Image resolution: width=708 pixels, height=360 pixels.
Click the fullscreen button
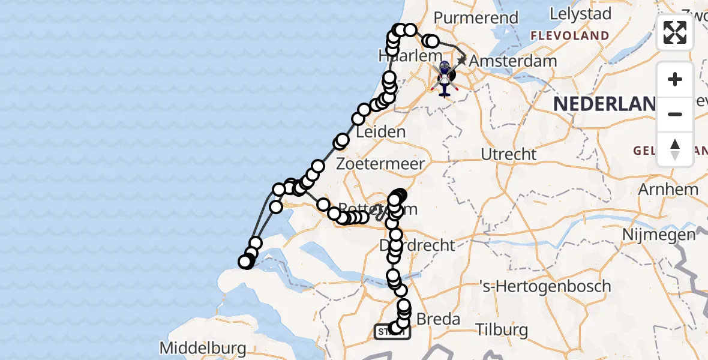click(675, 32)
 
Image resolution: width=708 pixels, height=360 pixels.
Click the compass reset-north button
click(675, 149)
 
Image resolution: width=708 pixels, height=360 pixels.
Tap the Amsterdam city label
click(512, 61)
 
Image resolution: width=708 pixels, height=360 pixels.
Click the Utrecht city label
click(508, 154)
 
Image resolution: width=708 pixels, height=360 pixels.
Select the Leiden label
click(380, 131)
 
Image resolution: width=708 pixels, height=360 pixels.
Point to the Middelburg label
click(203, 348)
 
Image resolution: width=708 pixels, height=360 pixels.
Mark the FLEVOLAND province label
click(569, 36)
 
